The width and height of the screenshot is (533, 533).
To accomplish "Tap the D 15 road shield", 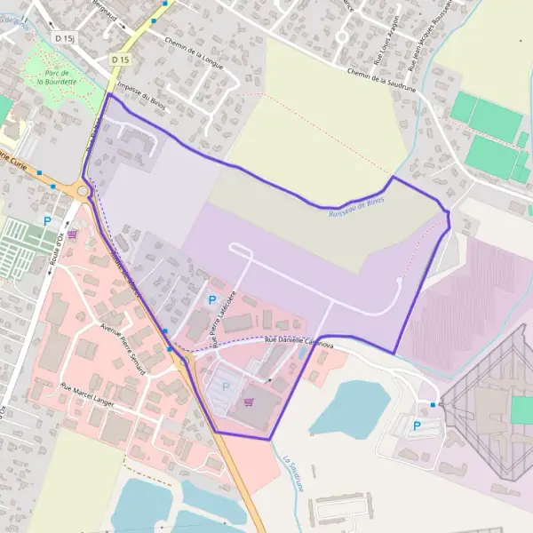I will click(x=120, y=60).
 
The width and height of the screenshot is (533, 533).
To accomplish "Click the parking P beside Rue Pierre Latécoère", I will click(x=211, y=300).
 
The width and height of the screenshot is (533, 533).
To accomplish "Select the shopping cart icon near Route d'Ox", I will click(x=72, y=235).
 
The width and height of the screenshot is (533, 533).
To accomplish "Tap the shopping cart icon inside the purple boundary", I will click(x=249, y=402).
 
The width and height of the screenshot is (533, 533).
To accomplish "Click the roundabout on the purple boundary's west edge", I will click(x=84, y=190).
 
